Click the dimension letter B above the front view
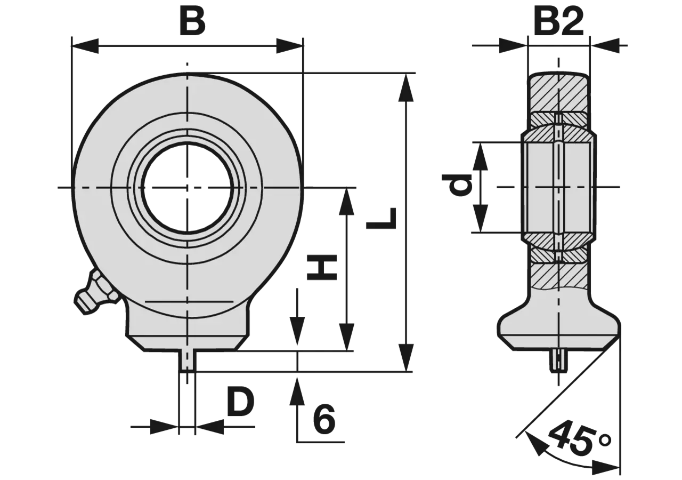[192, 21]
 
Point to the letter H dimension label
[322, 267]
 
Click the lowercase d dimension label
[457, 185]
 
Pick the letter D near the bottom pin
[240, 402]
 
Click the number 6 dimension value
[324, 419]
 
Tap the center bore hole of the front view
[188, 188]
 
